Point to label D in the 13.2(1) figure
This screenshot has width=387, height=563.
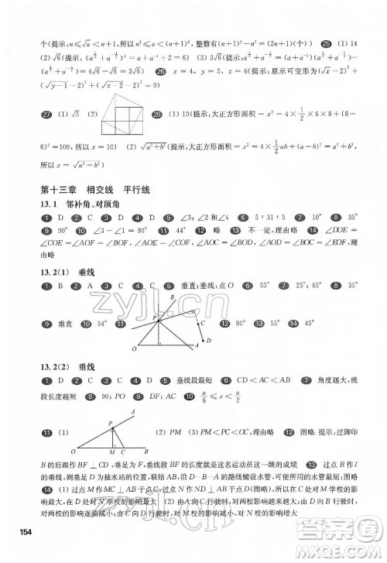coord(207,340)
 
